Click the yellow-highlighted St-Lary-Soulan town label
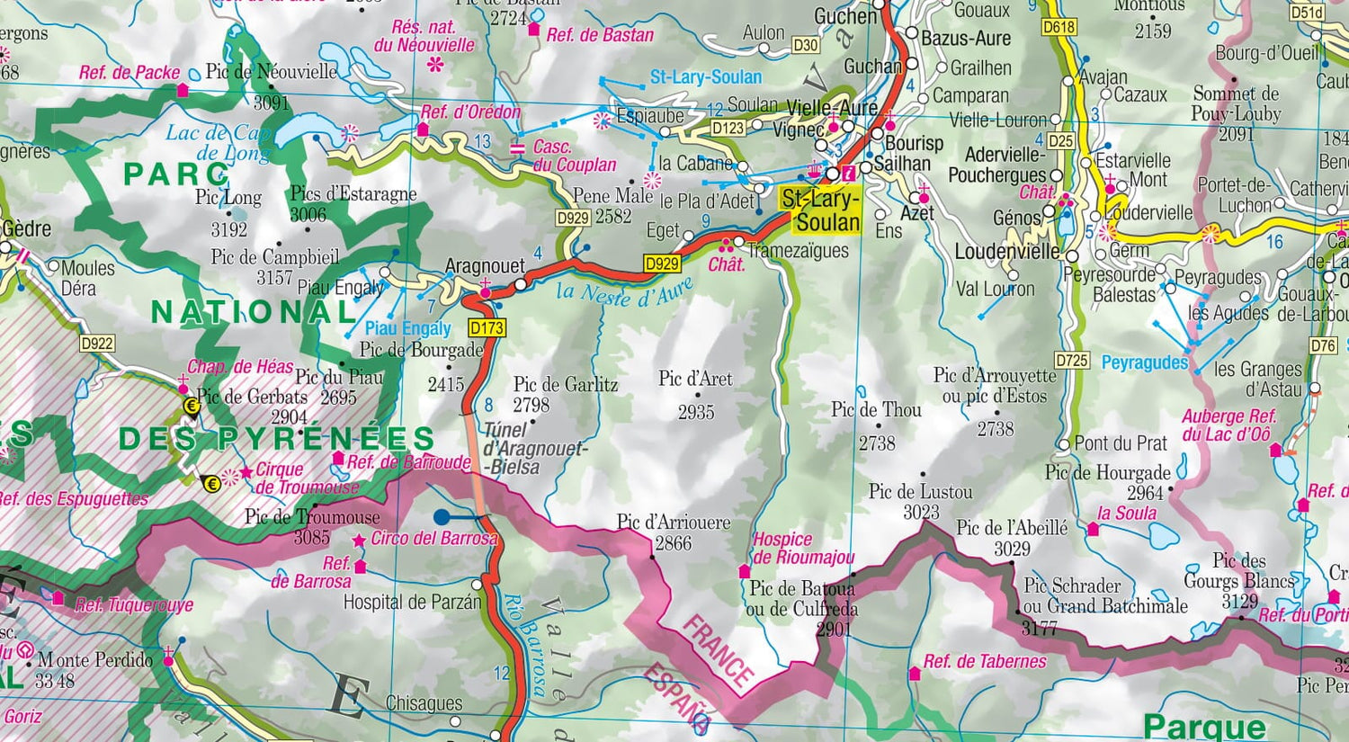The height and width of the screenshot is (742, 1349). pyautogui.click(x=820, y=210)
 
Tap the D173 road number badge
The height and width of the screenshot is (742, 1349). pyautogui.click(x=487, y=327)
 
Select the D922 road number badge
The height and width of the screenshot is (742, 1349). pyautogui.click(x=97, y=343)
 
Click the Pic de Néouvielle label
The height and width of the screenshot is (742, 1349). pyautogui.click(x=272, y=72)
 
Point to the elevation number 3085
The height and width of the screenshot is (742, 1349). pyautogui.click(x=311, y=538)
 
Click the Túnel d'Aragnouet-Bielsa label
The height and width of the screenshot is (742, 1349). pyautogui.click(x=534, y=448)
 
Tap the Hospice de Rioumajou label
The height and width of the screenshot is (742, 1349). pyautogui.click(x=802, y=548)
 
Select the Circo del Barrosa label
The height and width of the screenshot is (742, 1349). pyautogui.click(x=433, y=539)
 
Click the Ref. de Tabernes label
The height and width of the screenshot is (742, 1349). pyautogui.click(x=985, y=662)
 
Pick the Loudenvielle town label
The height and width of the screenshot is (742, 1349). pyautogui.click(x=1006, y=252)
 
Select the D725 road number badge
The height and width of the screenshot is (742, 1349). pyautogui.click(x=1072, y=361)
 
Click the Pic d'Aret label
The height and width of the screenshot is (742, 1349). pyautogui.click(x=695, y=379)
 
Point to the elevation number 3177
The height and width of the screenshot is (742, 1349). pyautogui.click(x=1039, y=628)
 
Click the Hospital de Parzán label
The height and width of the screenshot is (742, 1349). pyautogui.click(x=412, y=602)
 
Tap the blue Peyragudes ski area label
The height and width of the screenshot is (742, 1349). pyautogui.click(x=1144, y=362)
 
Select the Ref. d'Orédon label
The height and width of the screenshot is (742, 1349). pyautogui.click(x=470, y=112)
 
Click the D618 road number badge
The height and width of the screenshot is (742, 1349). pyautogui.click(x=1059, y=27)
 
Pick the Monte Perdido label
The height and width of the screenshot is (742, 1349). pyautogui.click(x=94, y=660)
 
